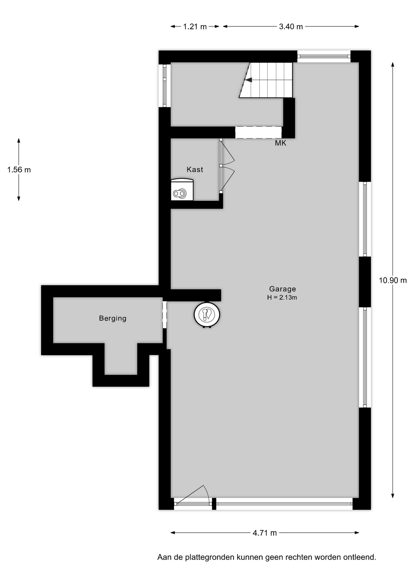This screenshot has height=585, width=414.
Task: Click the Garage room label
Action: click(x=282, y=289)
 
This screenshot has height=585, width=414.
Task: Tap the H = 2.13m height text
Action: click(x=282, y=298)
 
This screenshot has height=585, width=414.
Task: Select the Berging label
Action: click(x=112, y=318)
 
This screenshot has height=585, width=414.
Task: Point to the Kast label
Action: click(x=195, y=169)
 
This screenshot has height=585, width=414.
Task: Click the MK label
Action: click(x=280, y=143)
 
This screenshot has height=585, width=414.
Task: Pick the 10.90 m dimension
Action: click(x=393, y=280)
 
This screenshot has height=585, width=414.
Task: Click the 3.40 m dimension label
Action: click(x=291, y=27)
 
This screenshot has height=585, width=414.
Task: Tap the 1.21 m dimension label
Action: click(x=195, y=27)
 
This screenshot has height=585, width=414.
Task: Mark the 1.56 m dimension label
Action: click(x=19, y=170)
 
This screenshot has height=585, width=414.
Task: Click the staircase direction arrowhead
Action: click(x=248, y=80)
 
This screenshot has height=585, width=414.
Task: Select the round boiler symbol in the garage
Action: click(x=207, y=315)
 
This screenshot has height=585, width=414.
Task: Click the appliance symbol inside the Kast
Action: click(x=182, y=190)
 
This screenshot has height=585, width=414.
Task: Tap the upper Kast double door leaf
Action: click(x=227, y=152)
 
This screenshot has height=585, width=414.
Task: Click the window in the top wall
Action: click(x=324, y=56)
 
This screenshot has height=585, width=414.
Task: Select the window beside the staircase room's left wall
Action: click(x=165, y=85)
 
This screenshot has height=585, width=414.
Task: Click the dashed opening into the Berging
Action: click(x=165, y=315)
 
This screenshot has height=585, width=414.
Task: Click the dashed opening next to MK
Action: click(x=259, y=132)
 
